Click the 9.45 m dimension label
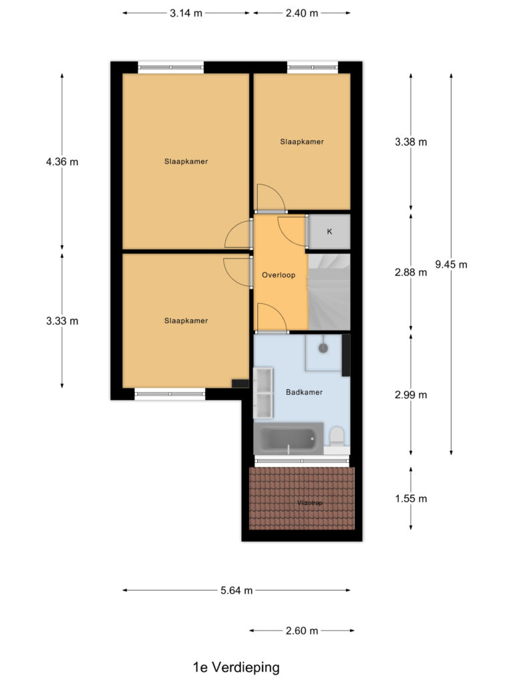pos(451,264)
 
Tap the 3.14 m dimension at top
pos(186,13)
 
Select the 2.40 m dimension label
pos(301,13)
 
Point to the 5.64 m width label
pos(236,590)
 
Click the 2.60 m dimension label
pos(301,630)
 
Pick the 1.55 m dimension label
pos(411,498)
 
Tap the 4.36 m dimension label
pos(62,162)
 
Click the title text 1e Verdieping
pos(236,667)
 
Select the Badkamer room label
pos(304,392)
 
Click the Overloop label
pos(279,275)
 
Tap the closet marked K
pos(329,232)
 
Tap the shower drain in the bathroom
pos(323,348)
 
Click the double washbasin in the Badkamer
pos(264,393)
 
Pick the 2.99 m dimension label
pos(411,394)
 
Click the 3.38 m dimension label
pos(411,142)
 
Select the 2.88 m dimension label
pos(411,272)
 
